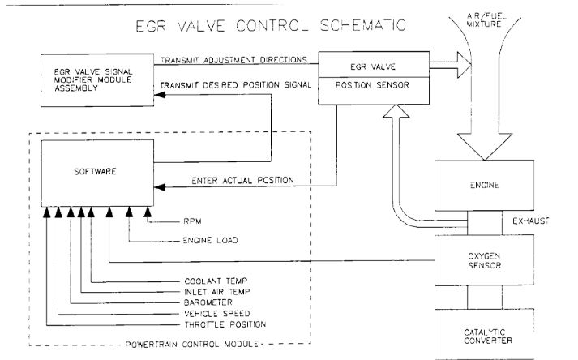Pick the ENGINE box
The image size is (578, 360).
coord(477,185)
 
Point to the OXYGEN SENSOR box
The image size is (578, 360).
coord(477,261)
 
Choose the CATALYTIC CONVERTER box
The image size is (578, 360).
coord(477,332)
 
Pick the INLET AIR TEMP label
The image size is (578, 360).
coord(216,292)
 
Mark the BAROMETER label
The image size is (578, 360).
coord(209,302)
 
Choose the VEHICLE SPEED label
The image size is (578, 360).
coord(215,313)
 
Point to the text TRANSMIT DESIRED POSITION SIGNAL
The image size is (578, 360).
coord(237,85)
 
